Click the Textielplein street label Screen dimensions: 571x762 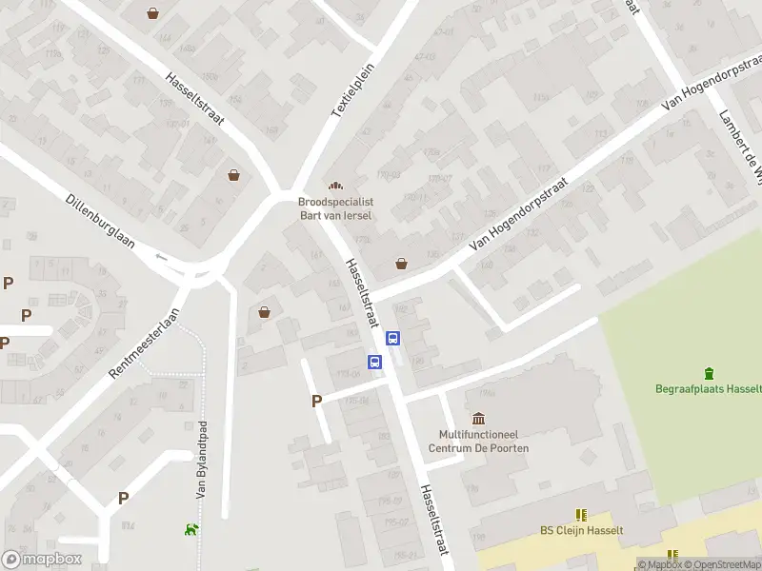(354, 90)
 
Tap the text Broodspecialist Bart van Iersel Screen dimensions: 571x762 (334, 208)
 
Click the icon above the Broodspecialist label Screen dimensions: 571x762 (334, 186)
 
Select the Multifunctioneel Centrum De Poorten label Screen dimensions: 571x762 (478, 442)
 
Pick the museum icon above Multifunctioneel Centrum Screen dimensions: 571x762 (478, 419)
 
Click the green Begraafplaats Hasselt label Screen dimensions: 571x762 (708, 388)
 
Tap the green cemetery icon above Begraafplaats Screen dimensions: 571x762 (709, 373)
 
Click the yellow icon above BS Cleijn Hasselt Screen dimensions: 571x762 (582, 514)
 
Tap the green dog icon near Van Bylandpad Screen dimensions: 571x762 (192, 529)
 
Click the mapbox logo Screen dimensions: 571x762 (42, 560)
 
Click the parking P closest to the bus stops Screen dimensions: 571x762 (316, 402)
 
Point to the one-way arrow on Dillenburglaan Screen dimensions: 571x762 (161, 256)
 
